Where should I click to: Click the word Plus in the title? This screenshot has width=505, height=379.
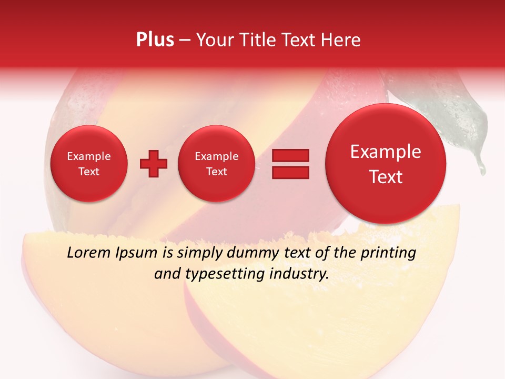point(155,39)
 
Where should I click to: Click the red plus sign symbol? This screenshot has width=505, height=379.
point(154,164)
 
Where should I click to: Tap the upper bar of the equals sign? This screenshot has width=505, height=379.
point(290,155)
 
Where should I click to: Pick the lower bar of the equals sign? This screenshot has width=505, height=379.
point(290,173)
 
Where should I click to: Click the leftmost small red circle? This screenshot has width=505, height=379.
point(88,164)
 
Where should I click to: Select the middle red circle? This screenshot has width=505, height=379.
point(216,164)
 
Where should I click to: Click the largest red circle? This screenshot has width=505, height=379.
point(386,164)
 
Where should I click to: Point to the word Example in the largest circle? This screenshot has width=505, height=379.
point(386,152)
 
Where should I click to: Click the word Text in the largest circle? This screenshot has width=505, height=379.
point(386,177)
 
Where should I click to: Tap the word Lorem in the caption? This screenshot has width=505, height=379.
point(89,253)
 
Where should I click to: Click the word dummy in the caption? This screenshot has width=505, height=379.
point(250,253)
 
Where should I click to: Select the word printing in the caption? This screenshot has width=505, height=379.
point(388,253)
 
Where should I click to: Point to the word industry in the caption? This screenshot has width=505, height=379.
point(298,274)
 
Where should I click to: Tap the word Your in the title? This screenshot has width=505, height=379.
point(214,39)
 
